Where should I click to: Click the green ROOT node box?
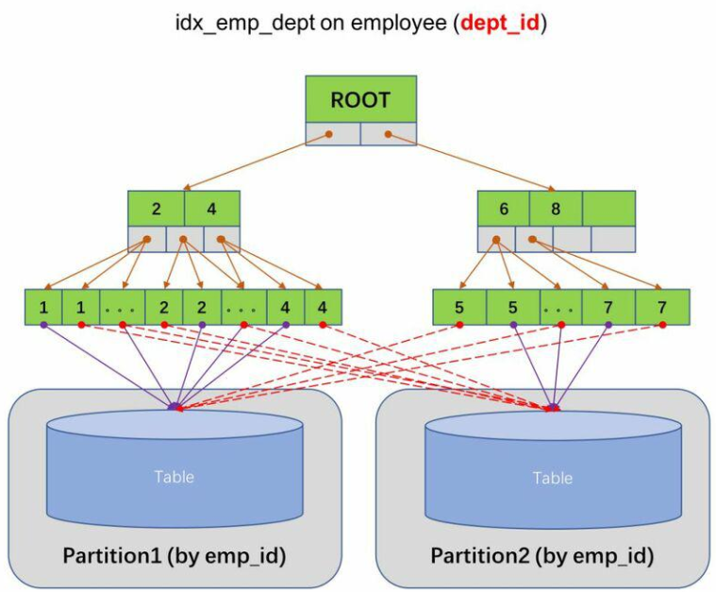click(360, 99)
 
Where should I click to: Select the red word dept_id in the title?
click(499, 24)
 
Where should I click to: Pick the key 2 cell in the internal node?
click(156, 208)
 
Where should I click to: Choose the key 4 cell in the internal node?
click(212, 208)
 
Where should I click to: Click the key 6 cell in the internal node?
click(503, 208)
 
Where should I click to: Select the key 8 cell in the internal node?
click(556, 208)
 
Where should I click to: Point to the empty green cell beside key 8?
click(608, 208)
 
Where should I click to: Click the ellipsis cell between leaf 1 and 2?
click(121, 308)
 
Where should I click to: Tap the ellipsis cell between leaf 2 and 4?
click(242, 308)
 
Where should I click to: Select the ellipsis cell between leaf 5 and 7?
click(560, 308)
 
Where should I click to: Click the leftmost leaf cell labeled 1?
click(43, 308)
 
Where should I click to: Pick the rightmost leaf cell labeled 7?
click(662, 308)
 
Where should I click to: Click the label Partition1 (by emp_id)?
click(175, 554)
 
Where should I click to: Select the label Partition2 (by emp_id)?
click(541, 554)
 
